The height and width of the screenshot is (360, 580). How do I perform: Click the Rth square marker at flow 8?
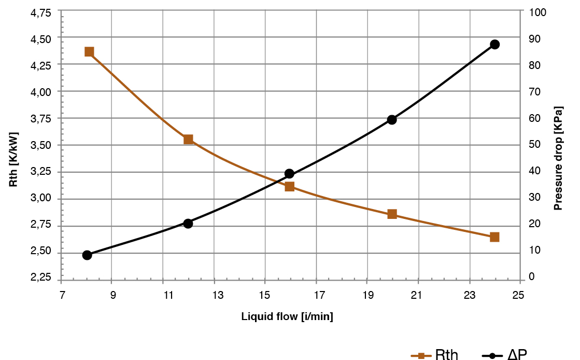(x=89, y=52)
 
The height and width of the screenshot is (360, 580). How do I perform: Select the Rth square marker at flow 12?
(x=188, y=139)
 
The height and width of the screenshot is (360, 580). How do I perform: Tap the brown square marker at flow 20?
(x=392, y=214)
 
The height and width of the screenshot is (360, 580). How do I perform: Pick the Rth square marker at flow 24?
(x=494, y=237)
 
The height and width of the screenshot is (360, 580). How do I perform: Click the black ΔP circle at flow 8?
(x=87, y=255)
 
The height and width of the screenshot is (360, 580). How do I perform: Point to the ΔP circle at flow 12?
(x=188, y=224)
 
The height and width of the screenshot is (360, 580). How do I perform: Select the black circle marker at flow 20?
(x=392, y=119)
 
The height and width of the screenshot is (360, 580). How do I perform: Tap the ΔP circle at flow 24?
(x=494, y=45)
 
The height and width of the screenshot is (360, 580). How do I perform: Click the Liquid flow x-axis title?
(x=287, y=316)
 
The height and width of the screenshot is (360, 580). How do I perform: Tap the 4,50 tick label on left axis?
(x=41, y=39)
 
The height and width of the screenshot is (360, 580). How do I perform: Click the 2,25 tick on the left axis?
(x=41, y=279)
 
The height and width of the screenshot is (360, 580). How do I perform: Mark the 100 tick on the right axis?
(x=535, y=12)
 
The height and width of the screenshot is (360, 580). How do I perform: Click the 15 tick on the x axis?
(x=265, y=296)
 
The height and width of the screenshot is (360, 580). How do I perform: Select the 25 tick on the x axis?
(x=519, y=296)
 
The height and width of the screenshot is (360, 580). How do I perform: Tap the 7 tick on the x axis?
(x=61, y=296)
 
